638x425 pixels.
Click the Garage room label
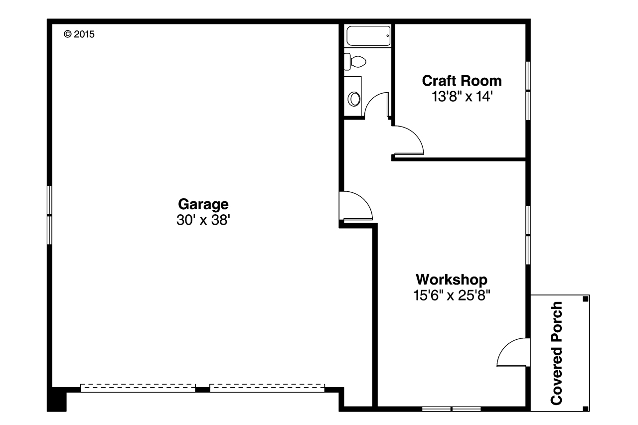[x=203, y=204]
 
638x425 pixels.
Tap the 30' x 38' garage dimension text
[x=203, y=220]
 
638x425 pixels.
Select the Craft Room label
[x=462, y=81]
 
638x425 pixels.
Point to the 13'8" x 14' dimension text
[x=462, y=96]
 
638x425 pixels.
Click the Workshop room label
[x=452, y=279]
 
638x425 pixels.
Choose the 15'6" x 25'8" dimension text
[x=452, y=295]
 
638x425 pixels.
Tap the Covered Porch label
[x=557, y=353]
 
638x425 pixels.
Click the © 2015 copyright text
[x=79, y=34]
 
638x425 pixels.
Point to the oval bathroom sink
[x=355, y=98]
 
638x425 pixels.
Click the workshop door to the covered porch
[x=512, y=353]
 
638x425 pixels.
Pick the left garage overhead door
[x=138, y=388]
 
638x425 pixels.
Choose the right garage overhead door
[x=267, y=388]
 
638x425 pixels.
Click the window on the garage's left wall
[x=49, y=215]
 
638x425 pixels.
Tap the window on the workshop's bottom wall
[x=451, y=409]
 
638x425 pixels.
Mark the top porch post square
[x=585, y=299]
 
